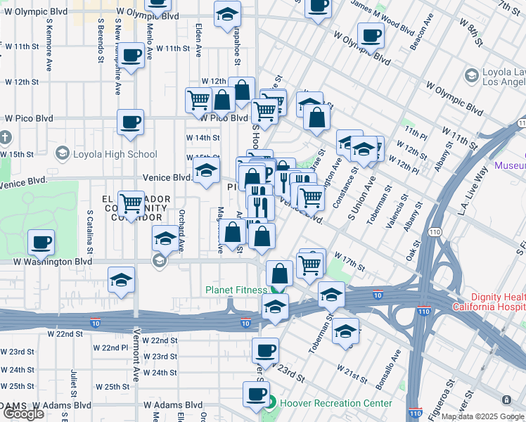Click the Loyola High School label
(114, 154)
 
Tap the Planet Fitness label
(236, 290)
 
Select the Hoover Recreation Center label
(335, 403)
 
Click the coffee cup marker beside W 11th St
(131, 55)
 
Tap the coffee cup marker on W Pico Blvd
(131, 122)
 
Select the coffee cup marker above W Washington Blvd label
(41, 243)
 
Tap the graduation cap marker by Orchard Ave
(165, 239)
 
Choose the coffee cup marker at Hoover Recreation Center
(256, 394)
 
